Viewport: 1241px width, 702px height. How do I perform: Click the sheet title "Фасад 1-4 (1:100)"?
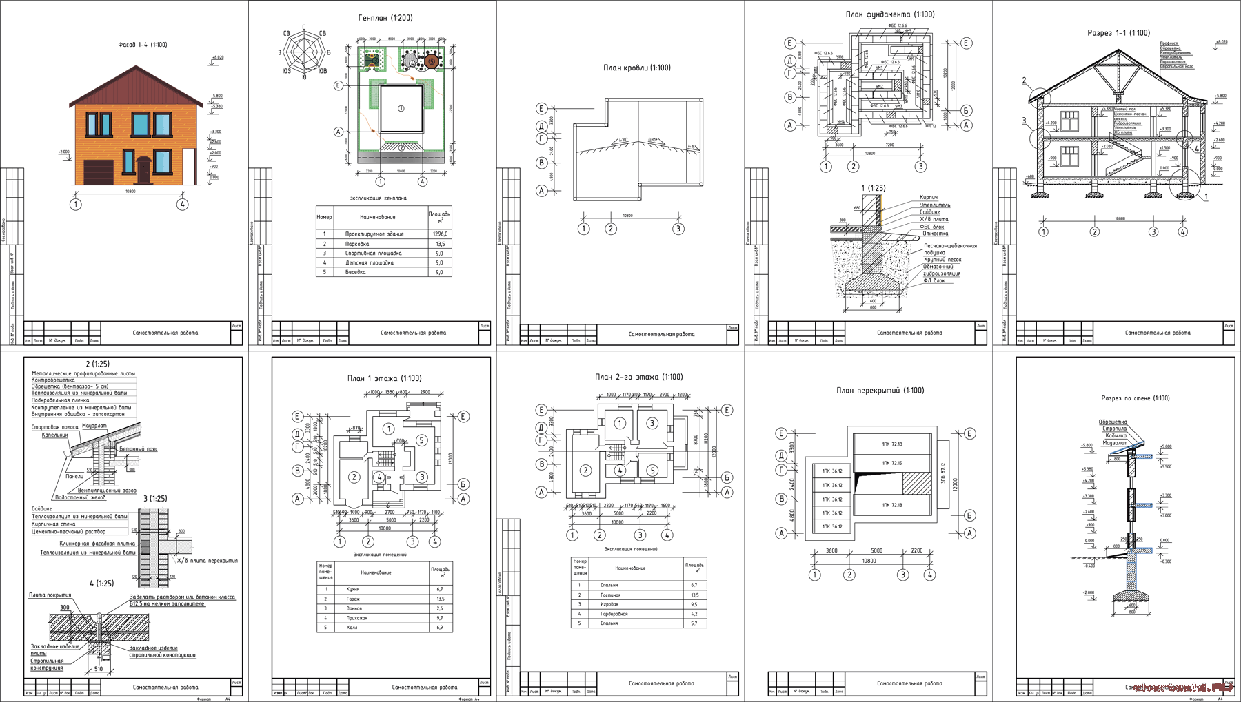tap(143, 45)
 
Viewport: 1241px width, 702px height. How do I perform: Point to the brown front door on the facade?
tap(143, 170)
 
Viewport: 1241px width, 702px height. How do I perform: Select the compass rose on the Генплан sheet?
tap(304, 52)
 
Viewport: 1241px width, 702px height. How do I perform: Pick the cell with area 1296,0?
tap(440, 234)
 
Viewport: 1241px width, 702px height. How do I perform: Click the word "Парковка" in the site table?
tap(357, 244)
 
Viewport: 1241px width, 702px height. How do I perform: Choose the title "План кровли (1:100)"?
tap(636, 68)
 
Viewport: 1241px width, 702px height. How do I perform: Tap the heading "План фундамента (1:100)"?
tap(890, 14)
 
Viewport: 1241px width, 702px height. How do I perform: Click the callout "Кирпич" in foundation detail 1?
tap(928, 198)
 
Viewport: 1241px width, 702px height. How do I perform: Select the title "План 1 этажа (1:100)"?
tap(384, 378)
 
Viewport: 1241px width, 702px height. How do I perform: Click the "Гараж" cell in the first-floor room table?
tap(354, 599)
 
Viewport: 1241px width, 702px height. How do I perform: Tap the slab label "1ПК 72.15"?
tap(891, 463)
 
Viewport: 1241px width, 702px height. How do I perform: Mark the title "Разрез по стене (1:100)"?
tap(1135, 398)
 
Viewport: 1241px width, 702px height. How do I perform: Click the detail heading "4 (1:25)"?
tap(101, 584)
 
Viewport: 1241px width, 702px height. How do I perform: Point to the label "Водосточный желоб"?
tap(81, 497)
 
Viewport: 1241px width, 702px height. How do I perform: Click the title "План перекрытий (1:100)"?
tap(880, 391)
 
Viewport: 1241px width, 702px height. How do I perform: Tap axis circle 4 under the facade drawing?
tap(182, 204)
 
